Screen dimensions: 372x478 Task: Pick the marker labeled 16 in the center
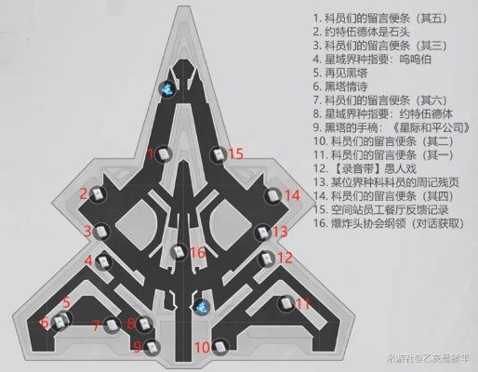tap(178, 252)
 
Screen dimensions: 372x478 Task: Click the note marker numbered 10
tap(219, 347)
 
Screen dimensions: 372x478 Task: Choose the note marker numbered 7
tap(113, 325)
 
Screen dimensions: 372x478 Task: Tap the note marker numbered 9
tap(152, 347)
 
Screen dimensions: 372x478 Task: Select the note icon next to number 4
tap(105, 261)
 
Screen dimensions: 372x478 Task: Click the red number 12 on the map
tap(285, 258)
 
